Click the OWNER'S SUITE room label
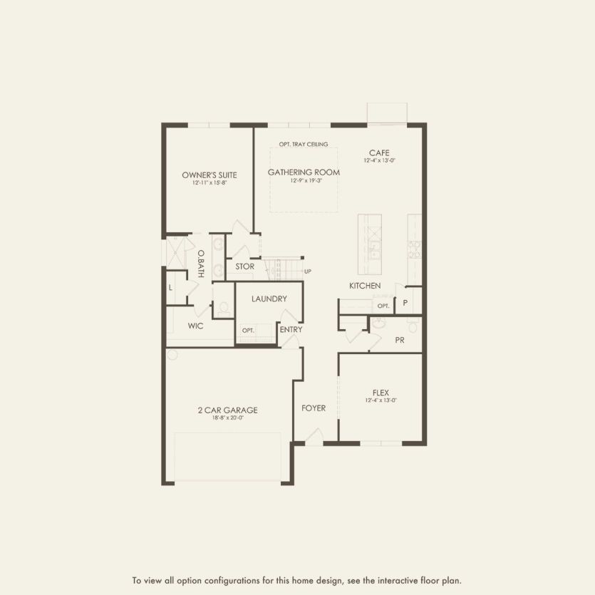pos(209,175)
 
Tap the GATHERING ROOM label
pos(304,172)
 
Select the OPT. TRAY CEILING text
pos(304,145)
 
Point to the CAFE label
pos(379,152)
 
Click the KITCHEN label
pos(364,286)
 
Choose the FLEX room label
pos(380,392)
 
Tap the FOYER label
pos(314,408)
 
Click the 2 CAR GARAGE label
pos(227,410)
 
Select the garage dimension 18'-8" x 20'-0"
pos(227,418)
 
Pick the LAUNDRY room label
pos(269,299)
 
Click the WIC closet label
pos(196,326)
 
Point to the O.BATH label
pos(201,263)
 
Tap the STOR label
pos(244,267)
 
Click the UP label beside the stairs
pos(308,271)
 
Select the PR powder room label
pos(400,340)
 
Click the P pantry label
pos(405,303)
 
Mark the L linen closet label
pos(171,288)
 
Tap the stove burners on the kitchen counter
pos(413,247)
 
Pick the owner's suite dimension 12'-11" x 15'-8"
pos(209,183)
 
